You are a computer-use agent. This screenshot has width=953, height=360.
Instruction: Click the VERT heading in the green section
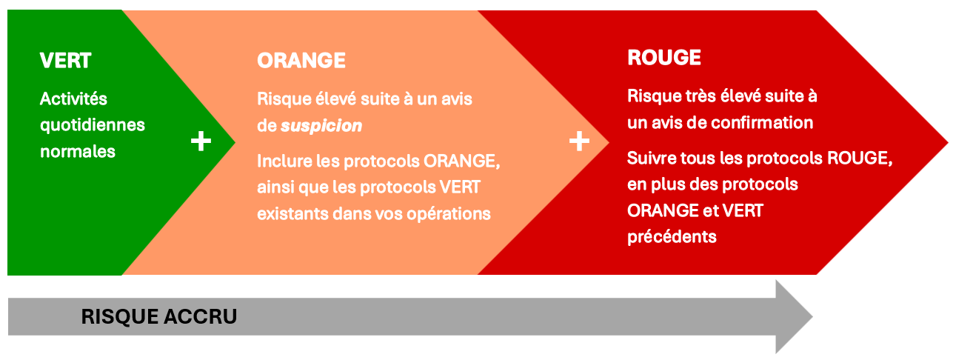pos(65,61)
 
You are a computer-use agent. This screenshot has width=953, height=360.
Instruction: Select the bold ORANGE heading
pos(301,61)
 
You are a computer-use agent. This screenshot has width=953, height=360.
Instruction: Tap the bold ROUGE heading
pos(664,58)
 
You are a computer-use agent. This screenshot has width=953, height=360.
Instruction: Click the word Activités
pos(73,99)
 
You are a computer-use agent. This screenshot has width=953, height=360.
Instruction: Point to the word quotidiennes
pos(93,126)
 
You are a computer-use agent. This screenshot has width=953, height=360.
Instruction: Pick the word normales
pos(78,152)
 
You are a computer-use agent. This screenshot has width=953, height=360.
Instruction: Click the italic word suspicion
pos(321,126)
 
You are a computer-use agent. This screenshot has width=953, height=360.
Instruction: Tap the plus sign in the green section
pos(201,141)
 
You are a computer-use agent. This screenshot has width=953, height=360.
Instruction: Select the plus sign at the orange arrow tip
pos(579,141)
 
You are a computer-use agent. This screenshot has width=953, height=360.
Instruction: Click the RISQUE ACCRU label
pos(158,316)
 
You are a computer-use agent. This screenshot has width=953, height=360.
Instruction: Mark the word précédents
pos(672,236)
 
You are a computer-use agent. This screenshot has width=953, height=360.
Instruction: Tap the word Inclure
pos(284,161)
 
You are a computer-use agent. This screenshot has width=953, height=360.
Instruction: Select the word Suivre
pos(652,158)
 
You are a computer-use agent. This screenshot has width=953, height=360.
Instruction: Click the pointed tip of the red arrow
pos(948,142)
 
